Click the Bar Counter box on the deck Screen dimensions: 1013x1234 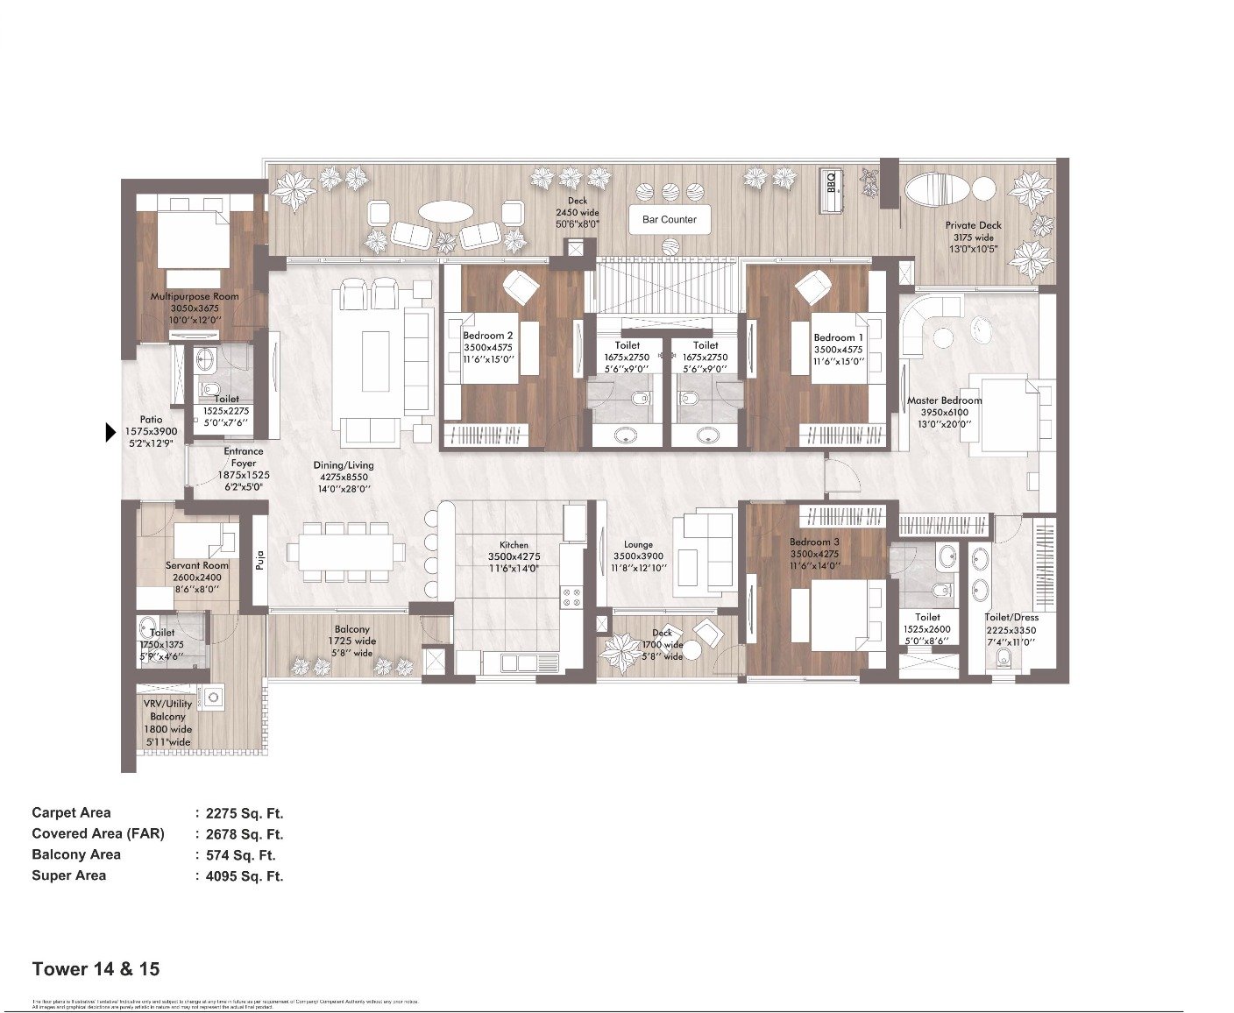(x=669, y=220)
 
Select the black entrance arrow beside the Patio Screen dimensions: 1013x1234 (x=110, y=432)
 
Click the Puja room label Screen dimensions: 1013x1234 (x=260, y=559)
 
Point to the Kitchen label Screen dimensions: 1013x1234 (x=514, y=545)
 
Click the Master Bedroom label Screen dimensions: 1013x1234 (x=944, y=400)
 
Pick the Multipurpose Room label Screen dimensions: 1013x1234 (x=195, y=296)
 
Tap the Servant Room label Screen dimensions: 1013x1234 (x=197, y=565)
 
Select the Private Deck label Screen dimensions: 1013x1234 (x=973, y=225)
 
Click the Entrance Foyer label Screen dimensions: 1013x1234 (x=244, y=457)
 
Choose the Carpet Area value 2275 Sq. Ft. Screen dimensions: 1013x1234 (x=245, y=813)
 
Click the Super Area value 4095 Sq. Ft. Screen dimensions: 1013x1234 (x=245, y=876)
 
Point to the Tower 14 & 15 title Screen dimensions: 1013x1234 (x=96, y=969)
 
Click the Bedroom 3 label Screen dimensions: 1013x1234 (x=814, y=542)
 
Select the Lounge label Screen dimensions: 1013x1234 (x=638, y=544)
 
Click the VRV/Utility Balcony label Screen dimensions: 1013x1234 (x=167, y=710)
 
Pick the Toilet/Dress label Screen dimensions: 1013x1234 (x=1011, y=617)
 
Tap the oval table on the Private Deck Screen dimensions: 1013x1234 (x=936, y=189)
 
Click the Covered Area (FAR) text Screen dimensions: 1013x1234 (x=98, y=834)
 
